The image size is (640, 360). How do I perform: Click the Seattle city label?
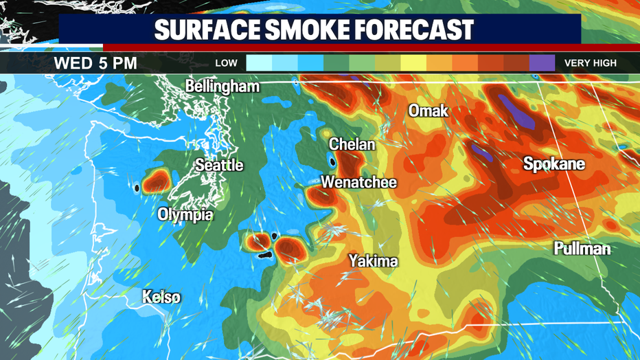[219, 166]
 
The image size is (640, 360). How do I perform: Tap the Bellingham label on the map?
[222, 87]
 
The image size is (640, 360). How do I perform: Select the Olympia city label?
[185, 214]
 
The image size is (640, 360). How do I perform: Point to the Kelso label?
[163, 297]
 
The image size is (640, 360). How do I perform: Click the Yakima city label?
[373, 261]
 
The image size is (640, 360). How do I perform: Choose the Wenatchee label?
[359, 183]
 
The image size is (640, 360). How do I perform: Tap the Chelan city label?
[352, 144]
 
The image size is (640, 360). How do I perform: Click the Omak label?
[428, 111]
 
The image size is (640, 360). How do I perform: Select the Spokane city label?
[554, 164]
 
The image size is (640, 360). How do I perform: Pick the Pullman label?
[582, 249]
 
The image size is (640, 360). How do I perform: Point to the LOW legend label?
[227, 63]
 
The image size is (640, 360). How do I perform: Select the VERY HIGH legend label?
[590, 63]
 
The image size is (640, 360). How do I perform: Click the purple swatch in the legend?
[542, 63]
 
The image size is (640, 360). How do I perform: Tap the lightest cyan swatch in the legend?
[259, 63]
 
